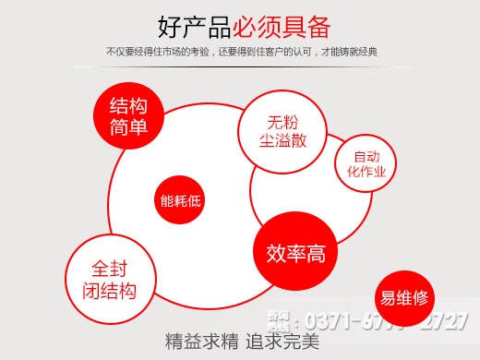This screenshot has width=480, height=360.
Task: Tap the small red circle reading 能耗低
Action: pyautogui.click(x=180, y=198)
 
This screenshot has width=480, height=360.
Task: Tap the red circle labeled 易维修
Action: pyautogui.click(x=404, y=297)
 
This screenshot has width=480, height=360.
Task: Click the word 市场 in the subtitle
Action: pyautogui.click(x=175, y=52)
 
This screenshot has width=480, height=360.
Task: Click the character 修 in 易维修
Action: pyautogui.click(x=421, y=297)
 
